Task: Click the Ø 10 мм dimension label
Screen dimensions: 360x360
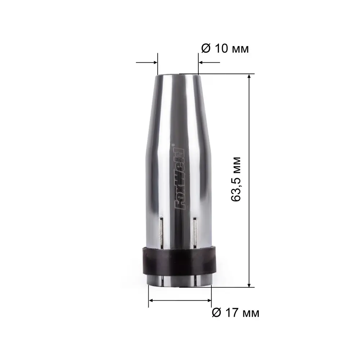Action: [225, 49]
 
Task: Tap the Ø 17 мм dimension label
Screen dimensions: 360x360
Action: [235, 313]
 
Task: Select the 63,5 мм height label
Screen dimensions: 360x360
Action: [236, 179]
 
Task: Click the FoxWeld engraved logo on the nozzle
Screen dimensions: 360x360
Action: [180, 179]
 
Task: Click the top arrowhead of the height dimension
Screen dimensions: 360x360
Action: [249, 76]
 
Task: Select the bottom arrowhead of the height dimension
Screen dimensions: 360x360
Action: [249, 284]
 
